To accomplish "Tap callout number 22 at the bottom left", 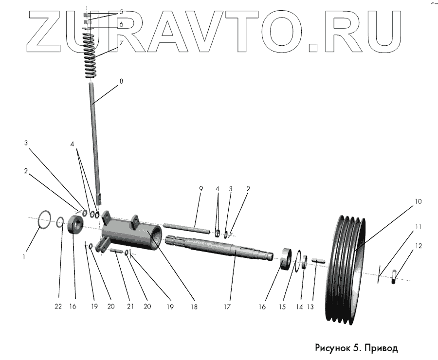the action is pyautogui.click(x=58, y=306).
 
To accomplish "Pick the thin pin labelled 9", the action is pyautogui.click(x=187, y=227).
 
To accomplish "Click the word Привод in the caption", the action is pyautogui.click(x=380, y=348).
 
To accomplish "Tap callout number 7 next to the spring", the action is pyautogui.click(x=121, y=42).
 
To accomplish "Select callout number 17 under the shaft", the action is pyautogui.click(x=226, y=306).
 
